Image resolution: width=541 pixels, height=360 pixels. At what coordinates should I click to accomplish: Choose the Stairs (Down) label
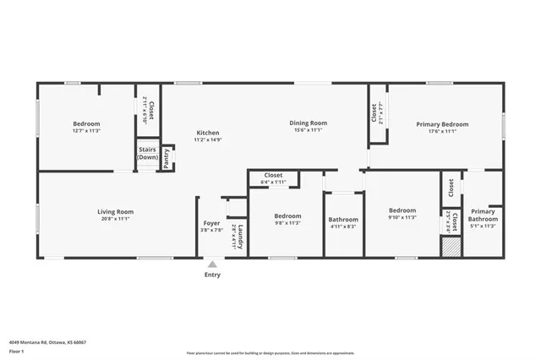pyautogui.click(x=148, y=153)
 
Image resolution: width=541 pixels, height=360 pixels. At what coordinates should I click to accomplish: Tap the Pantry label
pyautogui.click(x=167, y=159)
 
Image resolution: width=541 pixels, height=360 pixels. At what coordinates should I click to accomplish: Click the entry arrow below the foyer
pyautogui.click(x=212, y=263)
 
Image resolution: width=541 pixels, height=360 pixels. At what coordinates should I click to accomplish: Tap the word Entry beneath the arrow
pyautogui.click(x=212, y=275)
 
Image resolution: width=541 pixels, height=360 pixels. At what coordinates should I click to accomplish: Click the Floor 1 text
pyautogui.click(x=16, y=351)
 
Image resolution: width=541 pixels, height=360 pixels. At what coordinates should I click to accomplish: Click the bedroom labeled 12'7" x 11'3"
pyautogui.click(x=86, y=127)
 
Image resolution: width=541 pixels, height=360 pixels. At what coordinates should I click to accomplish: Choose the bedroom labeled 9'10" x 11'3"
pyautogui.click(x=402, y=214)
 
